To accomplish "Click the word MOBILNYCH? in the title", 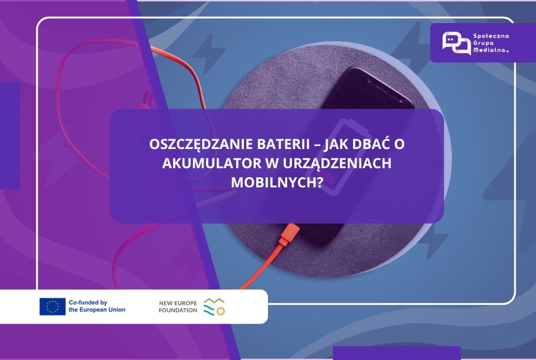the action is pyautogui.click(x=277, y=182).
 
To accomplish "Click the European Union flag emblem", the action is pyautogui.click(x=52, y=306).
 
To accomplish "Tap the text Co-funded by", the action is pyautogui.click(x=88, y=302).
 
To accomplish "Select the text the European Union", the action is pyautogui.click(x=97, y=310).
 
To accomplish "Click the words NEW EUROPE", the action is pyautogui.click(x=178, y=303).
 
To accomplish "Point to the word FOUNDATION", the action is pyautogui.click(x=178, y=310).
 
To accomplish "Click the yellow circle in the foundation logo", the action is pyautogui.click(x=221, y=311).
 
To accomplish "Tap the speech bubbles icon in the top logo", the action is pyautogui.click(x=456, y=43).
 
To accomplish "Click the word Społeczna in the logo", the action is pyautogui.click(x=491, y=36).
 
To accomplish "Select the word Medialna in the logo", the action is pyautogui.click(x=491, y=50).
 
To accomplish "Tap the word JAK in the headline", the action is pyautogui.click(x=335, y=144).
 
